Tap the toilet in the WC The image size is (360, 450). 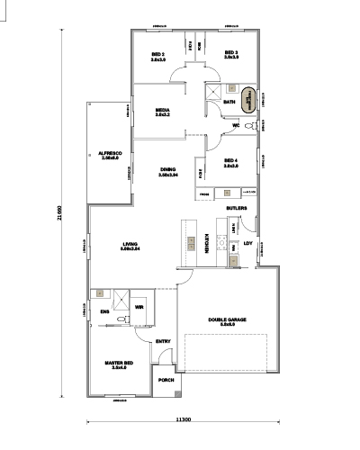tap(247, 126)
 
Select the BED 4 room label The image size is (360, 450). tap(231, 162)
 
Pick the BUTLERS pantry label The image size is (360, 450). tap(237, 208)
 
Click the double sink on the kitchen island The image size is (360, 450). tap(191, 243)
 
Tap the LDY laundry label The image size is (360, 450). tap(248, 242)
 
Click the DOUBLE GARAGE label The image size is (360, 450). tap(222, 321)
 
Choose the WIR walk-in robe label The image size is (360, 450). tap(139, 307)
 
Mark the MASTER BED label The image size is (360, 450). tap(119, 364)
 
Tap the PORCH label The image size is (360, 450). tap(166, 380)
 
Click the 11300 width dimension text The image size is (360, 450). tap(184, 419)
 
